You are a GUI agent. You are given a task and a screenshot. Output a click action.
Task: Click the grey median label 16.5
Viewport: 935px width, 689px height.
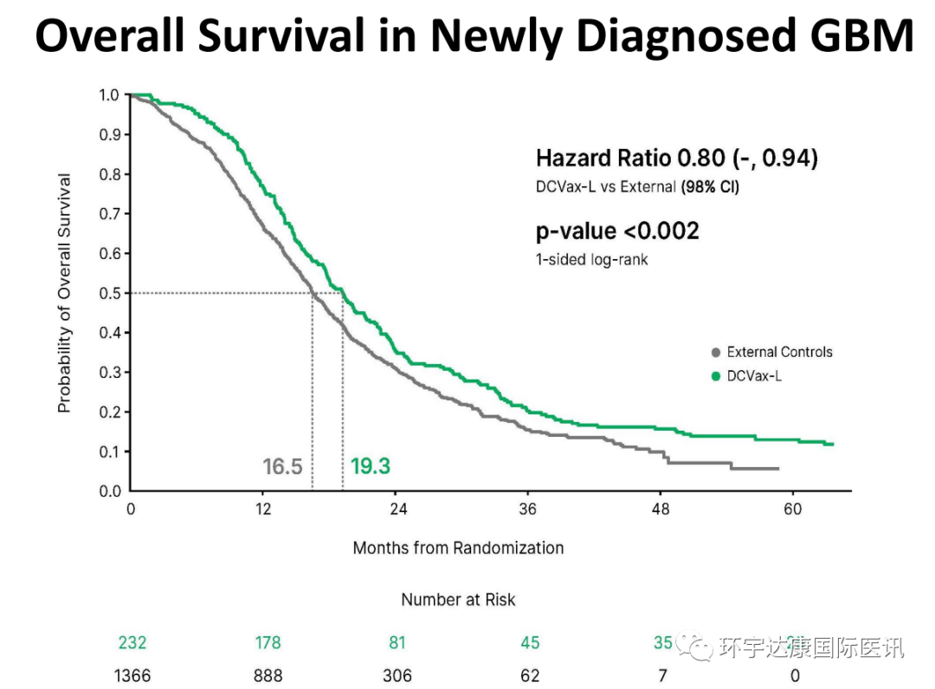pos(282,467)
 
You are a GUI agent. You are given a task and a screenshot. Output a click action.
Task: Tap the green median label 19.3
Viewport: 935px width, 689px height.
pos(371,466)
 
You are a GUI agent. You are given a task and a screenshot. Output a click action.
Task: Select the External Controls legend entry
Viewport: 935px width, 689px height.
pos(779,352)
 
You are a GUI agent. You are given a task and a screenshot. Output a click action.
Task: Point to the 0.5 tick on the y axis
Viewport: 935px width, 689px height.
pos(111,293)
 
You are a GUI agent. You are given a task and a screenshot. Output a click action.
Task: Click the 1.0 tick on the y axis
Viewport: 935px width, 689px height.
pos(111,94)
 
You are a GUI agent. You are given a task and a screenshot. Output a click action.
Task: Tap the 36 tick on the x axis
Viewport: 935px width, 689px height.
pos(527,509)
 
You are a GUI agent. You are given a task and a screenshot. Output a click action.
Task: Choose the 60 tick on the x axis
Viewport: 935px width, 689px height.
pos(793,509)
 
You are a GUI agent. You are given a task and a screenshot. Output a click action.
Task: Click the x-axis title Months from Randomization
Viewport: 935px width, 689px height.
pos(458,548)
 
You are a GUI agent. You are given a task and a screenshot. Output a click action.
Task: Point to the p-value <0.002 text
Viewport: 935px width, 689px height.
pos(617,231)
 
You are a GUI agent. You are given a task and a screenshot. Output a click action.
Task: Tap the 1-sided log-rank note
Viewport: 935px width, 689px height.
pos(591,259)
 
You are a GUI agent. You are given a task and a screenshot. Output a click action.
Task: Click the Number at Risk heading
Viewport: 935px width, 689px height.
pos(458,599)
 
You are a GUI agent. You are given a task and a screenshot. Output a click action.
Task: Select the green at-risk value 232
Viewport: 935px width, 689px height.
pos(132,643)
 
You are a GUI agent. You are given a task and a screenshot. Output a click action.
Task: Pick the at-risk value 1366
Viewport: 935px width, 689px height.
pos(132,675)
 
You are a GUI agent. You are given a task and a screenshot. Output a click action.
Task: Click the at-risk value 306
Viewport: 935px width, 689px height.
pos(397,675)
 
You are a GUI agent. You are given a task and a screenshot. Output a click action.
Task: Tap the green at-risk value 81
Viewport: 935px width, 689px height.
pos(397,643)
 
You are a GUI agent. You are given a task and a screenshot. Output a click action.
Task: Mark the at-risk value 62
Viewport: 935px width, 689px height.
pos(530,675)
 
